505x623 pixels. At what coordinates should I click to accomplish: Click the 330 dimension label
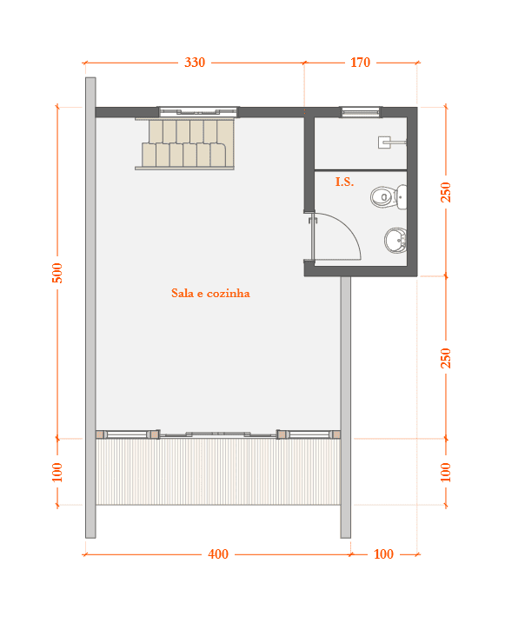195,63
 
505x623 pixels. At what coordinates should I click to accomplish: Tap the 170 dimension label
360,63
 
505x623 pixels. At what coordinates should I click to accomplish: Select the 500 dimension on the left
57,273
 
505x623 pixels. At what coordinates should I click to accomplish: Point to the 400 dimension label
218,553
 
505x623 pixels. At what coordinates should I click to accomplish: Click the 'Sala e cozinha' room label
210,293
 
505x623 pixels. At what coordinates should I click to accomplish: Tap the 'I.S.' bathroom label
344,182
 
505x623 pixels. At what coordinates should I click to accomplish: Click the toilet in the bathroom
389,197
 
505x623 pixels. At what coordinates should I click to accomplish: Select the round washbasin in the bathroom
395,241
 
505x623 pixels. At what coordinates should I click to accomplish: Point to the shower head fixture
391,142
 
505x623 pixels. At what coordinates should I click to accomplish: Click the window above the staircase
198,111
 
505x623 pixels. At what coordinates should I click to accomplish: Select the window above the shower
361,112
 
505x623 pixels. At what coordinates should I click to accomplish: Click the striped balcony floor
218,472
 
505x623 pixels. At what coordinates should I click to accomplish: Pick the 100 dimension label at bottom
383,553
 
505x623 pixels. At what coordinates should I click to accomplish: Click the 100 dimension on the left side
57,472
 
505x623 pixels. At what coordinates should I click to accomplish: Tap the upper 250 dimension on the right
446,192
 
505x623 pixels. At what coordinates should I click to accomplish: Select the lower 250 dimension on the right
446,358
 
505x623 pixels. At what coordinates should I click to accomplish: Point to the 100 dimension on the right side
446,472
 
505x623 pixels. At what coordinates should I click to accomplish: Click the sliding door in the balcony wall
218,434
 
